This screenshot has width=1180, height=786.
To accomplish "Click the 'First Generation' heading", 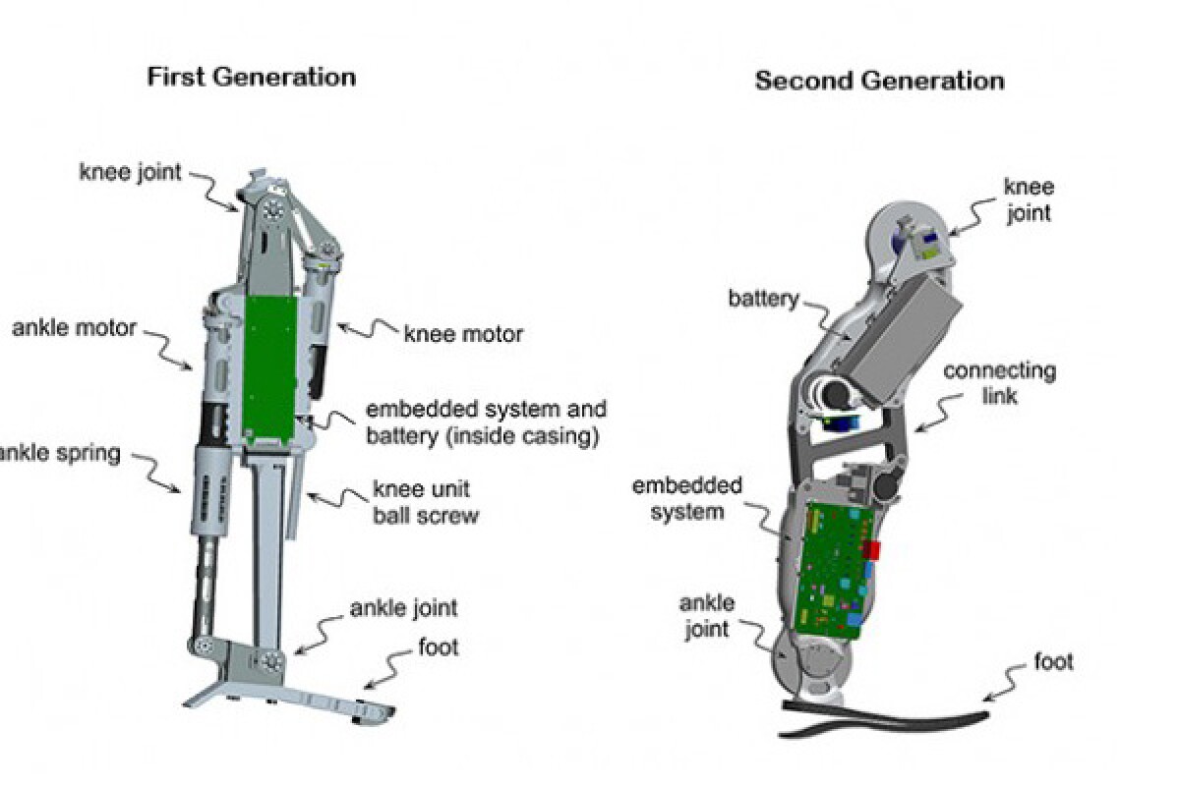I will click(x=251, y=78).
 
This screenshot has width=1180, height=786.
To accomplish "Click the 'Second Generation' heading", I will click(x=879, y=81).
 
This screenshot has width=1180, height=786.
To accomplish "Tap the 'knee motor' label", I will click(x=463, y=334).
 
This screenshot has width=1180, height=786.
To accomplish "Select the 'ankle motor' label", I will click(x=75, y=327).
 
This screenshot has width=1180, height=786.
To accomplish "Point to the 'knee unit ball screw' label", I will click(x=425, y=501).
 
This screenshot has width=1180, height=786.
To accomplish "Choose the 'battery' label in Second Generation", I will click(x=764, y=299).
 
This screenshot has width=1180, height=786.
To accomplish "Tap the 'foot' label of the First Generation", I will click(x=437, y=647).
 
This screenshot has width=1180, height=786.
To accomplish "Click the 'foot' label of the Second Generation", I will click(x=1052, y=661).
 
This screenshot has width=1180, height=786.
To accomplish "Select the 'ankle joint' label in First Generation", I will click(x=403, y=608).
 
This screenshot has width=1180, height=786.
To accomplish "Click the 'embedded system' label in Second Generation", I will click(x=687, y=498).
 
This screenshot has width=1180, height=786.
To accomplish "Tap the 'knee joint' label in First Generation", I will click(x=130, y=173).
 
